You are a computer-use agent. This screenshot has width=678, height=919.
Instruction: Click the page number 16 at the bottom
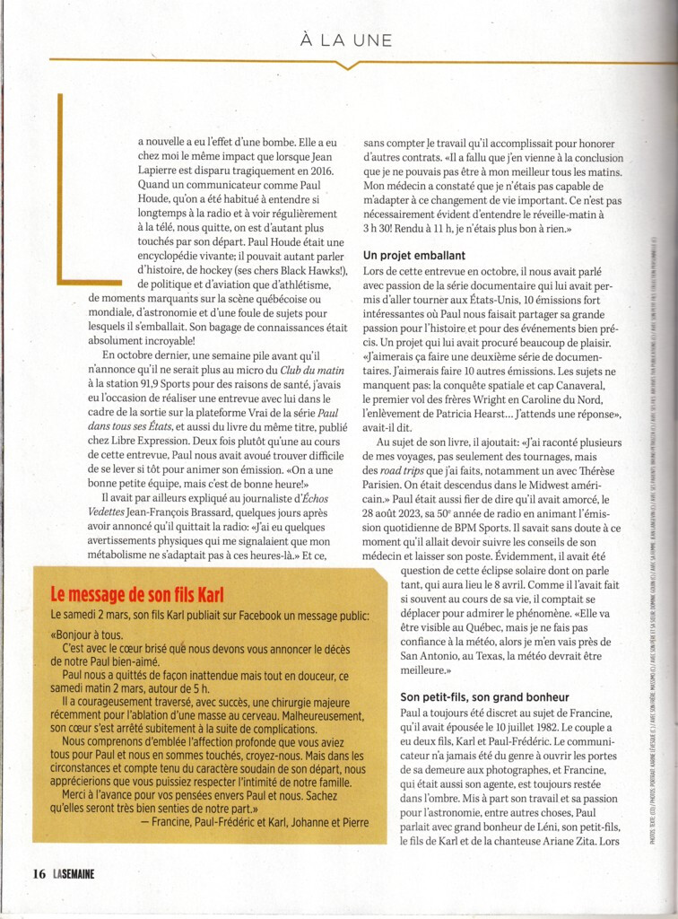coord(39,872)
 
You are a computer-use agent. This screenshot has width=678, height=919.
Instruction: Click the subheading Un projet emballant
coord(413,256)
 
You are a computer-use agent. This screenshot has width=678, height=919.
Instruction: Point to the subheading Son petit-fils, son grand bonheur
coord(484,697)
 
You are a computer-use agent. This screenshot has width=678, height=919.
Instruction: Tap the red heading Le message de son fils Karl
coord(136,594)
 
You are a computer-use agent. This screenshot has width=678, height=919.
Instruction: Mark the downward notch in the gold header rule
coord(346,64)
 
